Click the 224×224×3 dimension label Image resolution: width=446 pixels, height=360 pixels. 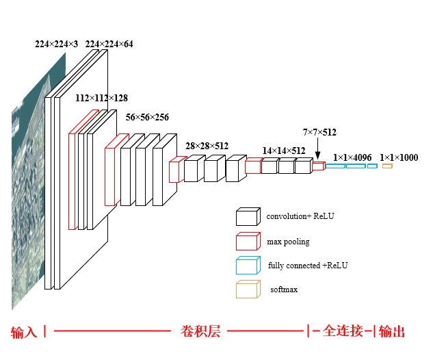click(56, 44)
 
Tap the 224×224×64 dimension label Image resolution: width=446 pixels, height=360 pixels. click(109, 44)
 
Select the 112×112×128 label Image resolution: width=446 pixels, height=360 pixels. click(101, 99)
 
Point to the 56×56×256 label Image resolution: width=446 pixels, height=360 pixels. click(147, 118)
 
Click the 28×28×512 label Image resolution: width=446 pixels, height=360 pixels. click(207, 146)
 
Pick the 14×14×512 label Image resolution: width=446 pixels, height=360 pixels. click(284, 151)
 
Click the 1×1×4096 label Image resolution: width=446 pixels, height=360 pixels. click(352, 158)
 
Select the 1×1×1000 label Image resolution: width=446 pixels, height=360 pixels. click(399, 158)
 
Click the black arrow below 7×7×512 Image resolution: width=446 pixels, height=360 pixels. click(318, 150)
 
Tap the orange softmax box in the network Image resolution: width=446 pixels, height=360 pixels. click(387, 166)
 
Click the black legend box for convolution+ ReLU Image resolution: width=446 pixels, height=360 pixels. click(248, 216)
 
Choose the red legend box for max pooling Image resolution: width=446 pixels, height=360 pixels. click(248, 241)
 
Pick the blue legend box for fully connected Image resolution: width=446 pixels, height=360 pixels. click(248, 266)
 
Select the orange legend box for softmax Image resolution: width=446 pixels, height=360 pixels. click(248, 290)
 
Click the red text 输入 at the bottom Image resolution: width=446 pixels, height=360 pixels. click(24, 332)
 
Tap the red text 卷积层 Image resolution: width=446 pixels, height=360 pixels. click(200, 331)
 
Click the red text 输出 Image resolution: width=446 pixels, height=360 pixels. click(392, 332)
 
